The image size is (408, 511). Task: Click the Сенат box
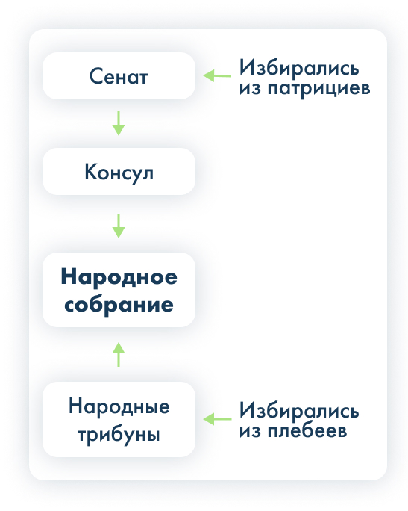coord(119,76)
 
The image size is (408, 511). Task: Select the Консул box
coord(119,171)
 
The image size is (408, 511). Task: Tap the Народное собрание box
coord(119,290)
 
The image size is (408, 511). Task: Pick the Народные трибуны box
coord(119,419)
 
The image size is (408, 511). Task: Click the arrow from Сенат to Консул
coord(119,123)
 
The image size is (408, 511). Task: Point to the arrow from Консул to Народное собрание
coord(119,226)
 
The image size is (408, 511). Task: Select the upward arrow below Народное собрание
coord(119,355)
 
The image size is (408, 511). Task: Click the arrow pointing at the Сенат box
coord(217,75)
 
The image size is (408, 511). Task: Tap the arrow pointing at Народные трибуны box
coord(217,419)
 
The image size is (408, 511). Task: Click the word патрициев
coord(318,89)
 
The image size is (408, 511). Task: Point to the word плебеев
coord(307,431)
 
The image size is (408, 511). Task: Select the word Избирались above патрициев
coord(299,69)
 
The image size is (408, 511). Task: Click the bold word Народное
coord(119,278)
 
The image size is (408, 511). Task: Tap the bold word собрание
coord(119,305)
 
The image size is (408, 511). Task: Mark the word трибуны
coord(119,435)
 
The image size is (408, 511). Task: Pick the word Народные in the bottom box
coord(119,406)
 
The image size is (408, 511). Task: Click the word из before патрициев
coord(250,89)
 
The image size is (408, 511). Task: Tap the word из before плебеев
coord(250,431)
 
